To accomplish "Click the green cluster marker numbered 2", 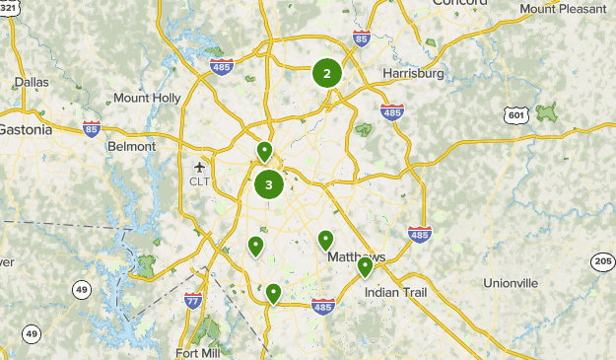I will tap(327, 72).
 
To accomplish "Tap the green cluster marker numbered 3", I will tap(269, 184).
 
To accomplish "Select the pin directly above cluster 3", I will tap(264, 152).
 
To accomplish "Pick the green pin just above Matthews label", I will tap(326, 240).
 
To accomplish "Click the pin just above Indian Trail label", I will tap(365, 266).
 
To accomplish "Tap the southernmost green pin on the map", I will tap(273, 293).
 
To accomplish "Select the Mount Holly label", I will tap(147, 99).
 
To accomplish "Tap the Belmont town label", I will tap(131, 146).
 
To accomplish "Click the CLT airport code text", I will tap(200, 181).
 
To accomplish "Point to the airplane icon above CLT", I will tap(200, 167).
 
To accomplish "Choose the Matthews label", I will tap(355, 256).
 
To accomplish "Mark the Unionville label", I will tap(511, 283).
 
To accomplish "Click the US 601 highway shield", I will tap(514, 115).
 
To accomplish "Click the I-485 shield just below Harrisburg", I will tap(392, 111).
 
